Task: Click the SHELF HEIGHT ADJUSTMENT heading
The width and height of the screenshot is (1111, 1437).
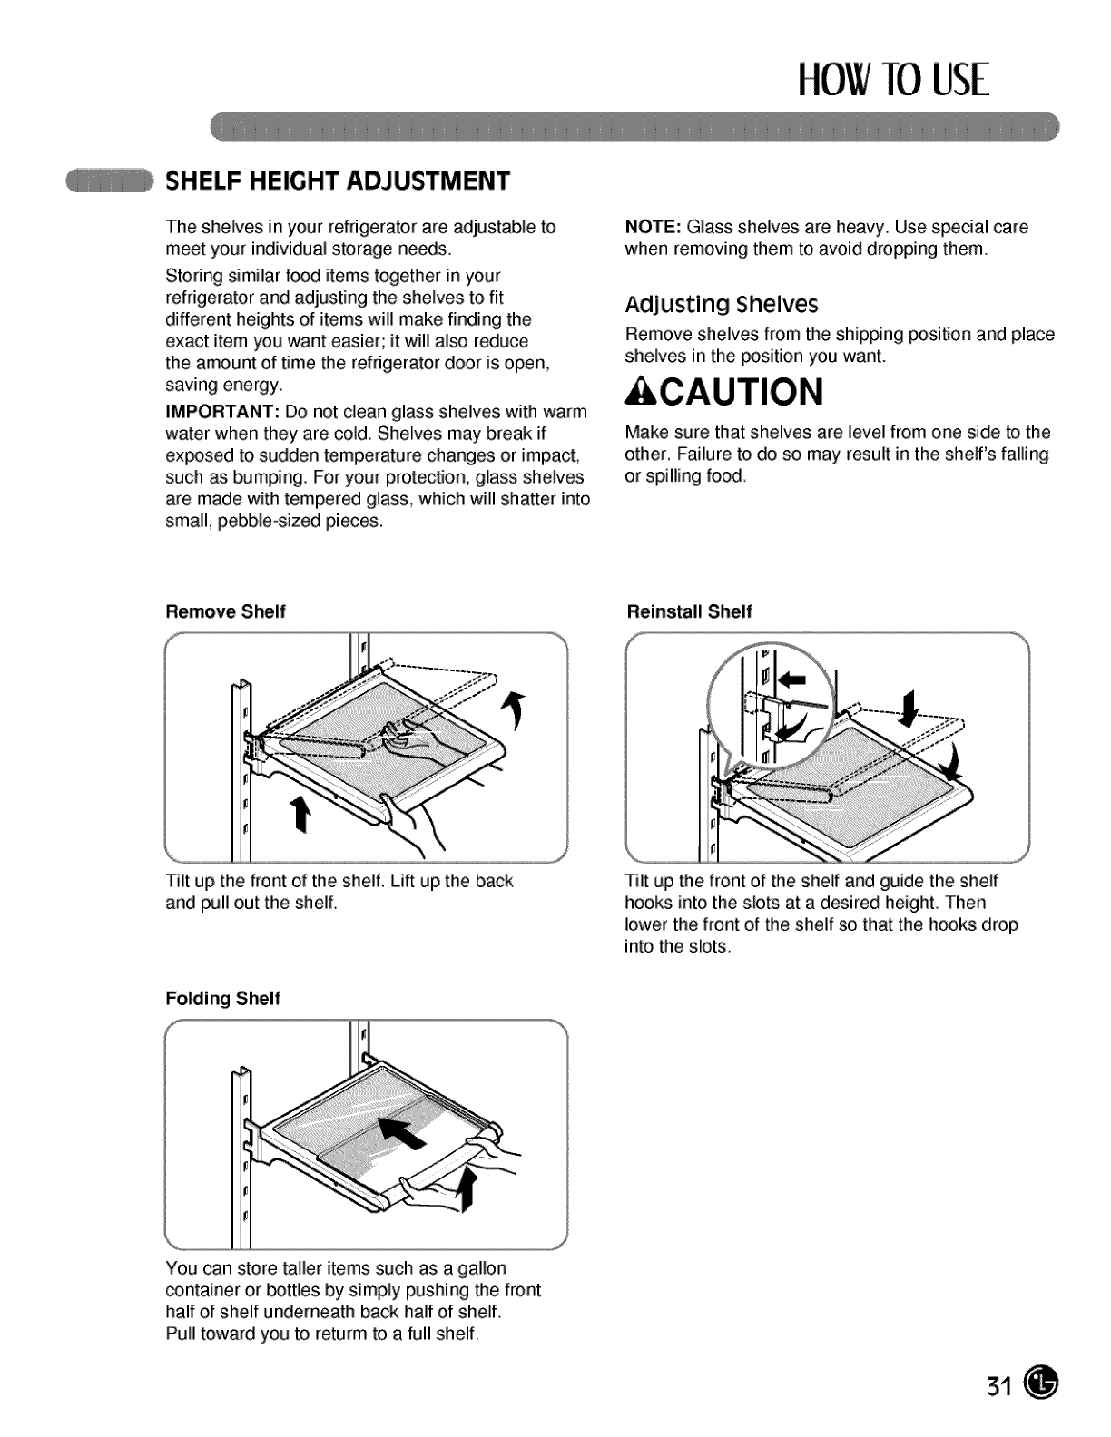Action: coord(337,181)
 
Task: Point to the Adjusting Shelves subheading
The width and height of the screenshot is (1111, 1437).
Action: coord(722,303)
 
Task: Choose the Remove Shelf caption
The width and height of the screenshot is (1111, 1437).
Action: coord(225,611)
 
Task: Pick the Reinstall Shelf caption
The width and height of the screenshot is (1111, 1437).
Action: coord(689,611)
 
